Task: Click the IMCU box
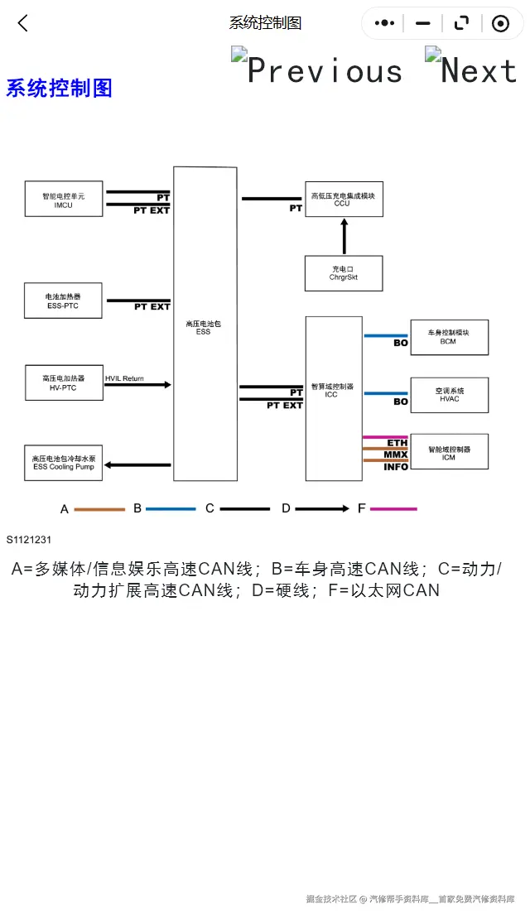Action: (x=64, y=200)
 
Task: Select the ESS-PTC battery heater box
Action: (x=64, y=301)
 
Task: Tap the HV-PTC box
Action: (x=64, y=383)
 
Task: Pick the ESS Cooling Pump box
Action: (x=64, y=462)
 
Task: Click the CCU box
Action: (x=343, y=200)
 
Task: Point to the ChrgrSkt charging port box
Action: (x=343, y=273)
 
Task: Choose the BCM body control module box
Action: (x=449, y=337)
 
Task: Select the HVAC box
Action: (x=449, y=394)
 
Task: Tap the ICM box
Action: (x=449, y=451)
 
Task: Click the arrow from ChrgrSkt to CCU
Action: (x=344, y=236)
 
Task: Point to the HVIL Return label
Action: (x=124, y=378)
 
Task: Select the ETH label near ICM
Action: (x=397, y=443)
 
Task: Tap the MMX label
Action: (x=396, y=455)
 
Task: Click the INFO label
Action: (x=396, y=467)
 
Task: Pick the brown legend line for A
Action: (x=99, y=509)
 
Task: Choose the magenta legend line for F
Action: (x=393, y=509)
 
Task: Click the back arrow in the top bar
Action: (x=23, y=23)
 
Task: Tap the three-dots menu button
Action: (x=384, y=23)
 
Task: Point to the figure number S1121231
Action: (x=29, y=540)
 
